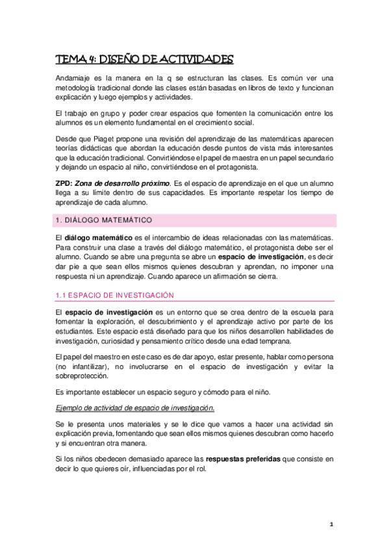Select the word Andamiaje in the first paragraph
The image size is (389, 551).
coord(74,77)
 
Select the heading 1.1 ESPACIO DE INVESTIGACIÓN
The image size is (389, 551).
coord(114,296)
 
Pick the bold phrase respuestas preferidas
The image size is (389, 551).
coord(242,458)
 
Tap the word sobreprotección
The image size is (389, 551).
coord(82,376)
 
